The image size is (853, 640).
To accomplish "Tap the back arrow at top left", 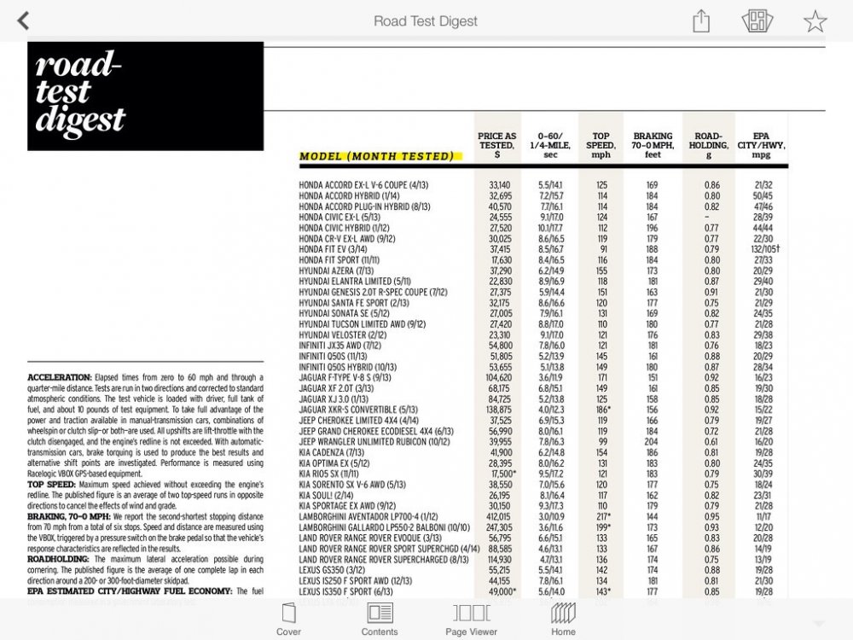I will tap(24, 20).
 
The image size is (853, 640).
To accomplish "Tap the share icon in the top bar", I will tap(701, 20).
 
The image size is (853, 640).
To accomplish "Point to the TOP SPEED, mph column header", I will tap(602, 145).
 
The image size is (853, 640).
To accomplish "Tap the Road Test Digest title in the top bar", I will tap(426, 20).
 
